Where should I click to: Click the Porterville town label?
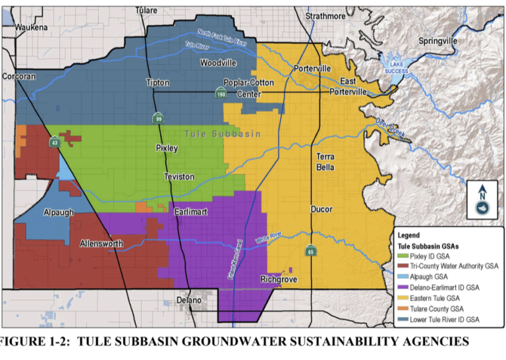coord(312,69)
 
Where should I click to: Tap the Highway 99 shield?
coord(158,118)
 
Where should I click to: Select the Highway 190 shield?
coord(222,94)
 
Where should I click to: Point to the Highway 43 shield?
coord(53,142)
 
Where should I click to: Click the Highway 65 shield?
coord(310,251)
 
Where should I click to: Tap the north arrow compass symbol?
coord(482,200)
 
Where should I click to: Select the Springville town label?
coord(437,41)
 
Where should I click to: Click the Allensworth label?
coord(101,244)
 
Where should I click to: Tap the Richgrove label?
coord(279,280)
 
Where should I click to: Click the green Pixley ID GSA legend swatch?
coord(402,254)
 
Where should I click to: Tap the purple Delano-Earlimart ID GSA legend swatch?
coord(402,286)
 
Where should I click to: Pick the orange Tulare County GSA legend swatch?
coord(402,308)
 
